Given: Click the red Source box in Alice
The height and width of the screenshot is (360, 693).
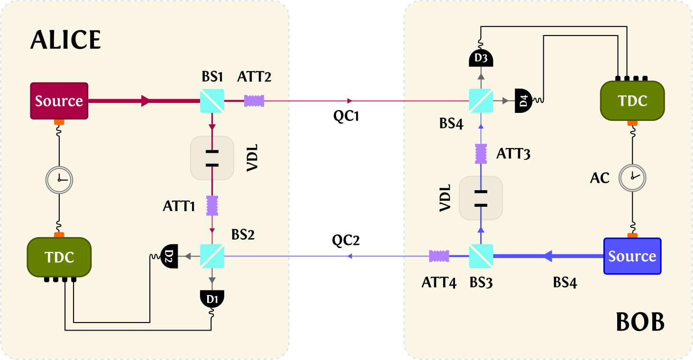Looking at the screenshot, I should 59,101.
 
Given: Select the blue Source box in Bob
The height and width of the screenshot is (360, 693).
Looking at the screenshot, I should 632,256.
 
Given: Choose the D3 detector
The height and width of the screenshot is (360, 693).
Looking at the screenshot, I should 481,58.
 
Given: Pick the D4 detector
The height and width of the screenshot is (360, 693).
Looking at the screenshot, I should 523,101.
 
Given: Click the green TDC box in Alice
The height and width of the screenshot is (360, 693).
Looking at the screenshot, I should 59,257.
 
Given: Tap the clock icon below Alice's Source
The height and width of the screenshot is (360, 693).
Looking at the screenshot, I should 59,178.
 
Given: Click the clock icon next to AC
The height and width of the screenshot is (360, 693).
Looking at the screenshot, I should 632,177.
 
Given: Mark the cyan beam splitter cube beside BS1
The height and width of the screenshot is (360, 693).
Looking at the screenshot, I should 212,101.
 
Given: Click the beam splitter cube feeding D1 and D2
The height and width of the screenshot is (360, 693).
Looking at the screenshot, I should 212,256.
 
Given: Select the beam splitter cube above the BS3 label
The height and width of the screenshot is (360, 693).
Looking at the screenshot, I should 481,256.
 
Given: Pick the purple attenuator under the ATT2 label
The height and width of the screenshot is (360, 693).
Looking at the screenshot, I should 254,101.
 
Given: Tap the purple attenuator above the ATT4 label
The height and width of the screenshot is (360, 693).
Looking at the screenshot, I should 439,256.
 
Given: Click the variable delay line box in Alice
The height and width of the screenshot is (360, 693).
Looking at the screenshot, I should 212,158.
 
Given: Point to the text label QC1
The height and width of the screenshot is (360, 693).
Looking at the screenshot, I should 346,116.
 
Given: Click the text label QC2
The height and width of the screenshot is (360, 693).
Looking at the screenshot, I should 346,240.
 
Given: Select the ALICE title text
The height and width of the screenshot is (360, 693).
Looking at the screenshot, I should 65,40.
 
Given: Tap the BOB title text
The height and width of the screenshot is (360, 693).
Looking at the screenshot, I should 640,323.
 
